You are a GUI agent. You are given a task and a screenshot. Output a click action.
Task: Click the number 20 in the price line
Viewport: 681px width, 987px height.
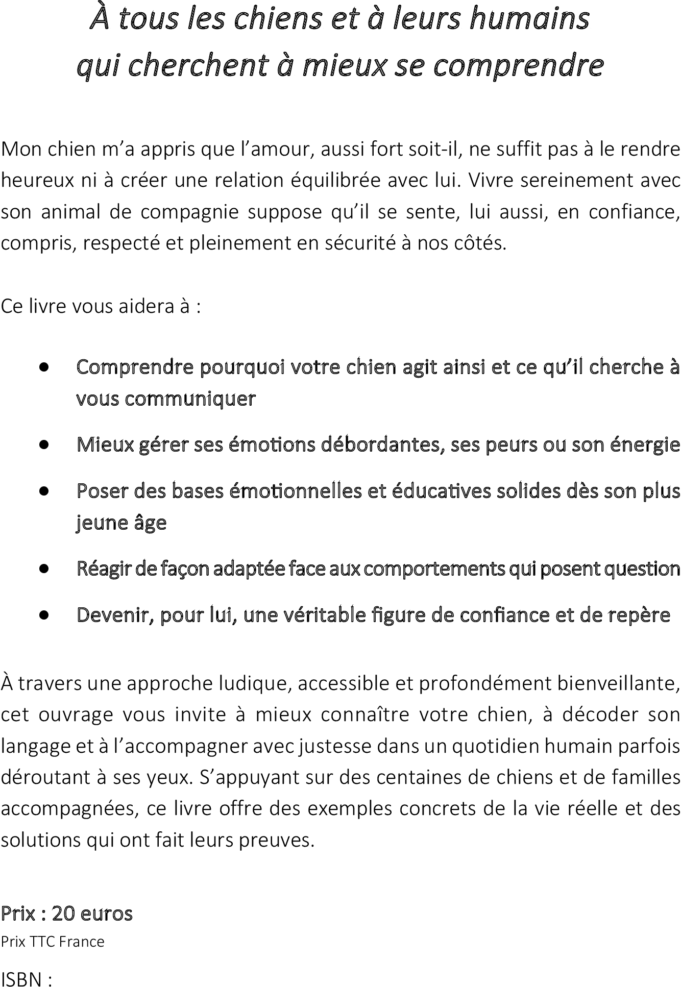(63, 913)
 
